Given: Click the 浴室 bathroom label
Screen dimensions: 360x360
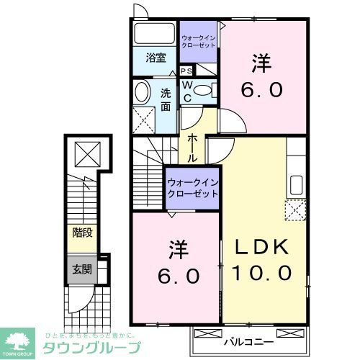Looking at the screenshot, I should pos(156,58).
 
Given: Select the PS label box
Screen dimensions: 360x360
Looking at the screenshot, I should pos(186,71).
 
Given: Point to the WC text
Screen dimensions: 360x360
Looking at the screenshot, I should pos(186,90).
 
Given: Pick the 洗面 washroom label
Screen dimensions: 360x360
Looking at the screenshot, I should pos(166,99).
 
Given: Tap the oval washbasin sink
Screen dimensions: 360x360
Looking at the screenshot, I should pos(142,91).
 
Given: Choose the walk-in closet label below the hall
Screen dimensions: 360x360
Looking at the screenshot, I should pos(192,189).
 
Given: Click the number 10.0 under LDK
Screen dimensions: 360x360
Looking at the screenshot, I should pos(262,273).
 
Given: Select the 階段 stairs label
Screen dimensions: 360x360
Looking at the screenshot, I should pos(82,233).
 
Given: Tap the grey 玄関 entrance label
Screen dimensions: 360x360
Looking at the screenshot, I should pos(82,270).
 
